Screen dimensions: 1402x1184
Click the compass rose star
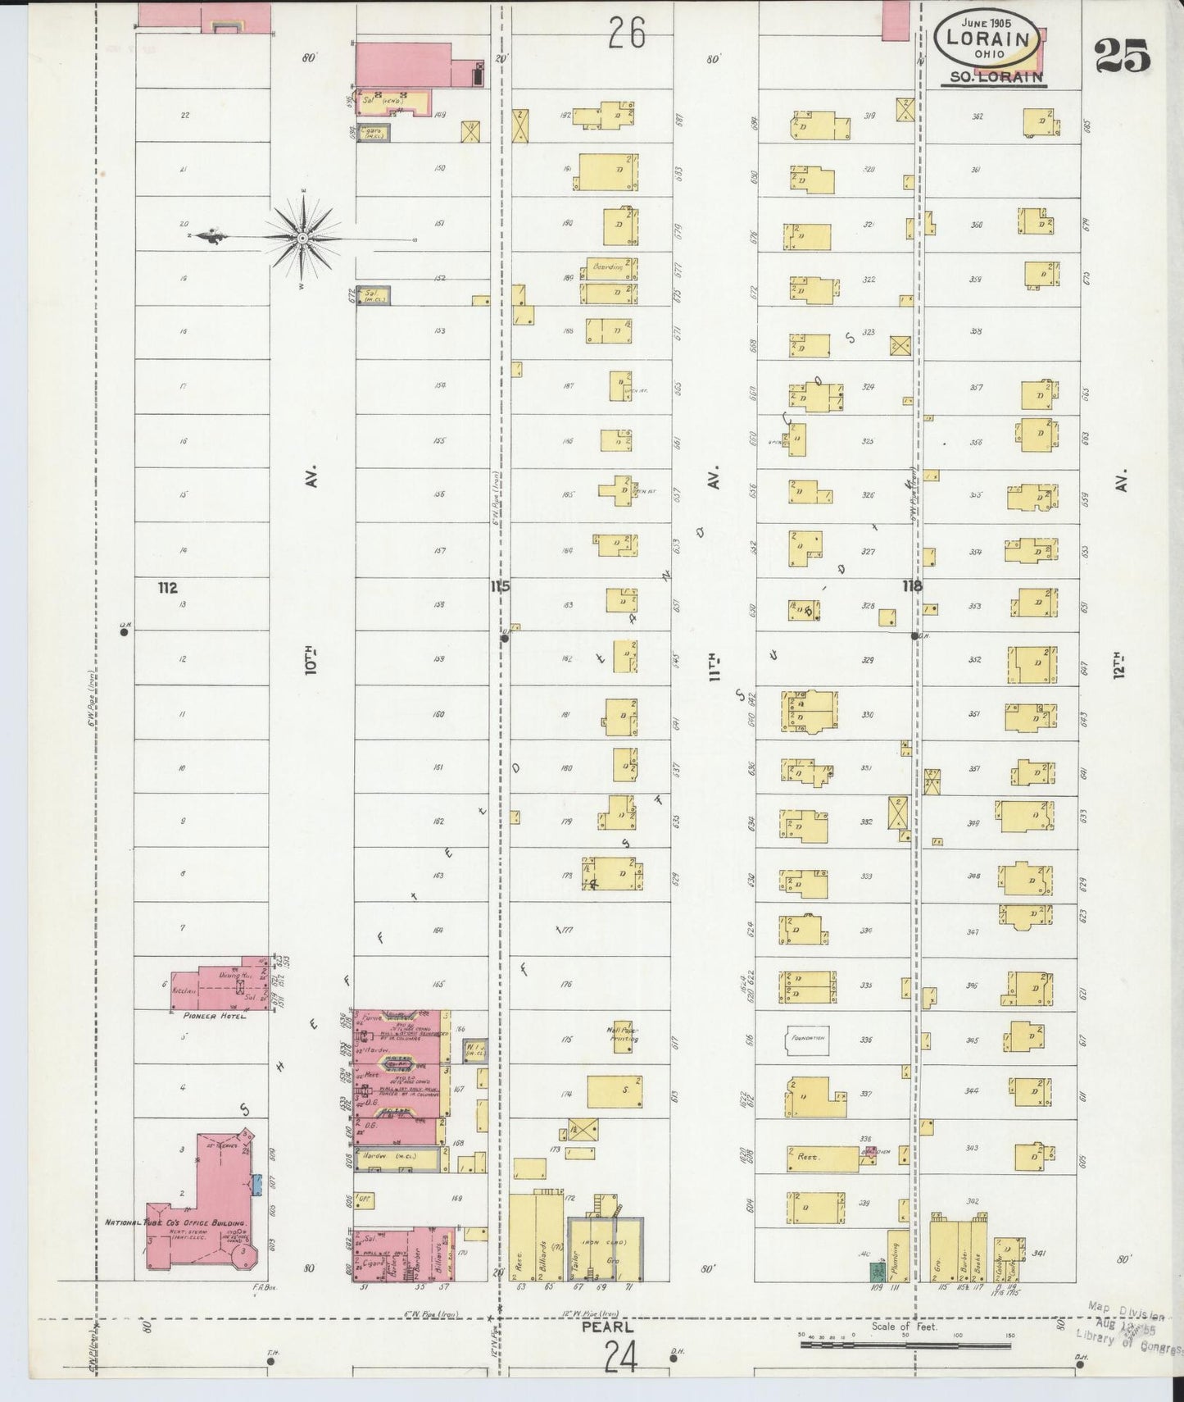click(x=302, y=238)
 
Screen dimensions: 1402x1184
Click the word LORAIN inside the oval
click(x=988, y=38)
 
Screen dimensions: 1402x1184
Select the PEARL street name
click(x=607, y=1325)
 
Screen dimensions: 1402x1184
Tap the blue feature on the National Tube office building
click(x=256, y=1184)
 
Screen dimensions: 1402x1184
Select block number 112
click(x=168, y=587)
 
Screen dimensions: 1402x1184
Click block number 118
click(x=911, y=586)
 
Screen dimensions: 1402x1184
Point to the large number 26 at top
click(x=626, y=34)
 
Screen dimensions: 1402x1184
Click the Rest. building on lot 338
click(x=822, y=1158)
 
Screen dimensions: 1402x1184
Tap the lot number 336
click(x=867, y=1040)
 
